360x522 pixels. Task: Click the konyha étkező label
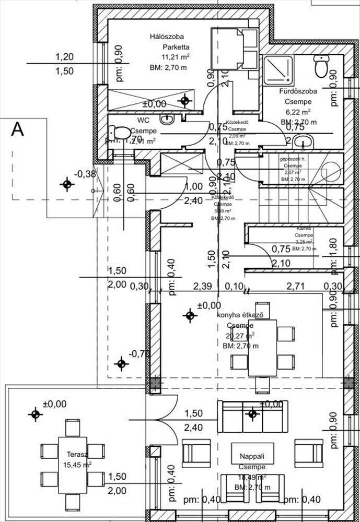pos(239,314)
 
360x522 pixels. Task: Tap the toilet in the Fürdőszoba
pos(320,66)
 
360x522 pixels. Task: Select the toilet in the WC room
pos(121,133)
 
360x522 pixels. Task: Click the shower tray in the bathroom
pos(280,70)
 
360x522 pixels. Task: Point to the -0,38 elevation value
pos(85,174)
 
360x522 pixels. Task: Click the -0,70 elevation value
pos(139,354)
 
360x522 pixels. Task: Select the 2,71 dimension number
pos(295,286)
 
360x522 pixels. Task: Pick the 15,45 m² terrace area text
pos(77,464)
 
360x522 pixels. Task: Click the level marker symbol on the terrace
pos(35,414)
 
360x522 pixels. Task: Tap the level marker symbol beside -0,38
pos(66,184)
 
